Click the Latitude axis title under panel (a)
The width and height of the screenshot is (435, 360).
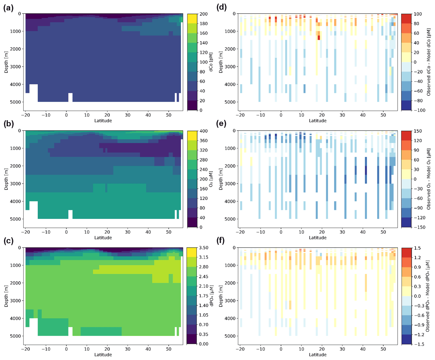[103, 121]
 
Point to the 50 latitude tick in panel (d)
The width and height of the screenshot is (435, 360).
[383, 115]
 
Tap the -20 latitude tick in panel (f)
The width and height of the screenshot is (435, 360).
[240, 349]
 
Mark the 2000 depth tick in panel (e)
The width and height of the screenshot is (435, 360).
[230, 166]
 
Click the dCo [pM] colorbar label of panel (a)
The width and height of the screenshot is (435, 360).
[211, 62]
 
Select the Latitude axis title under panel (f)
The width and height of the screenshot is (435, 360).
[318, 355]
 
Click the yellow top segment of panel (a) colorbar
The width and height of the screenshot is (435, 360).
[191, 19]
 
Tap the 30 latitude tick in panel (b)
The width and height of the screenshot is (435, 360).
[128, 232]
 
